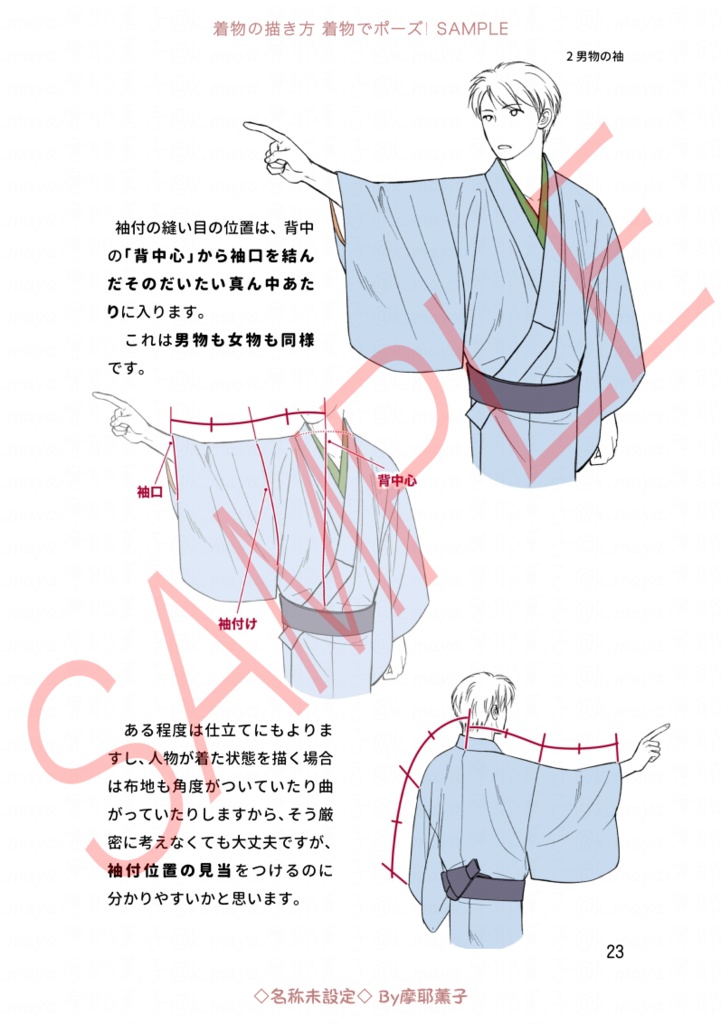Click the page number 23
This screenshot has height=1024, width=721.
tap(615, 950)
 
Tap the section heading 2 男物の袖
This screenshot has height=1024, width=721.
tap(594, 56)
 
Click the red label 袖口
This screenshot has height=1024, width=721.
tap(150, 491)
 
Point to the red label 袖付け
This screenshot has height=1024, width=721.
tap(238, 622)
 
